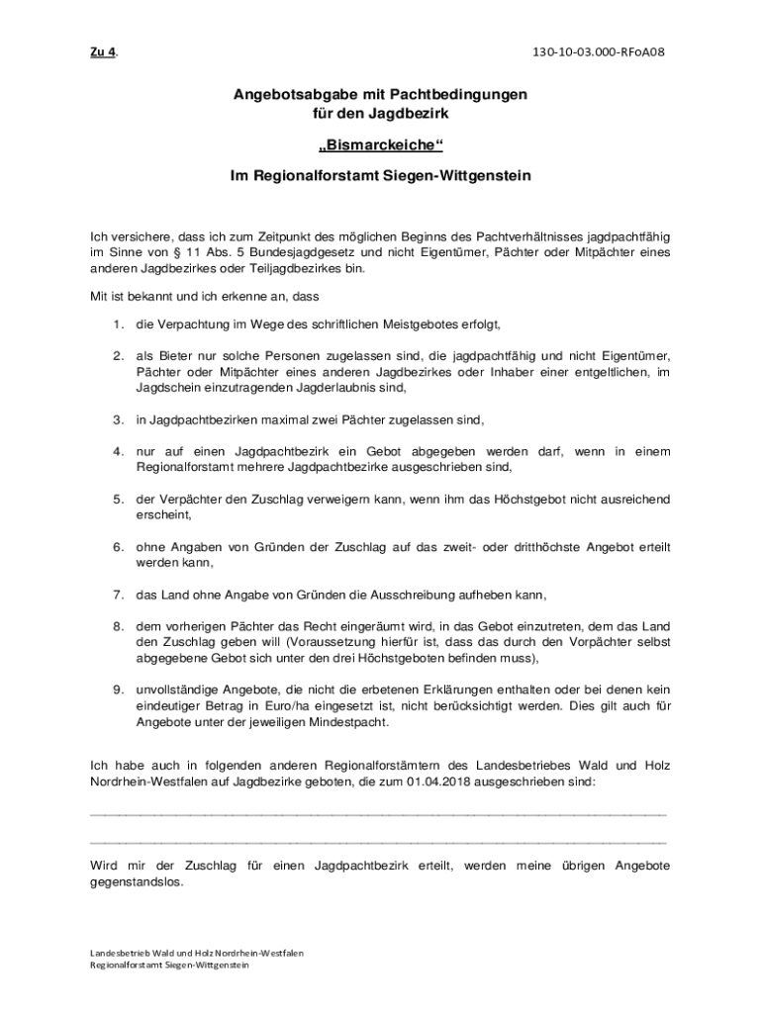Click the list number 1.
pyautogui.click(x=116, y=323)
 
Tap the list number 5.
pyautogui.click(x=116, y=499)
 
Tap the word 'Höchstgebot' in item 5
pyautogui.click(x=531, y=499)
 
